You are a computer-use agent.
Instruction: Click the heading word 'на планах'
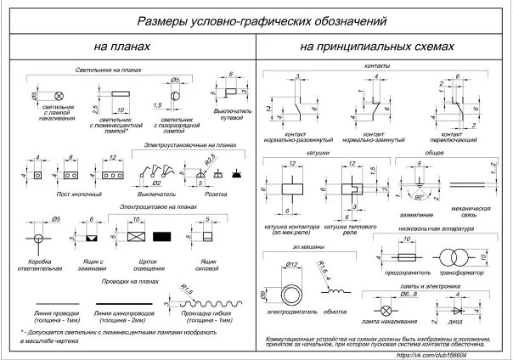click(x=120, y=48)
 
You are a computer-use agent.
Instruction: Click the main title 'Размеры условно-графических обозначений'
click(x=255, y=20)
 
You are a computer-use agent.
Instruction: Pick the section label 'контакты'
click(x=375, y=65)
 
